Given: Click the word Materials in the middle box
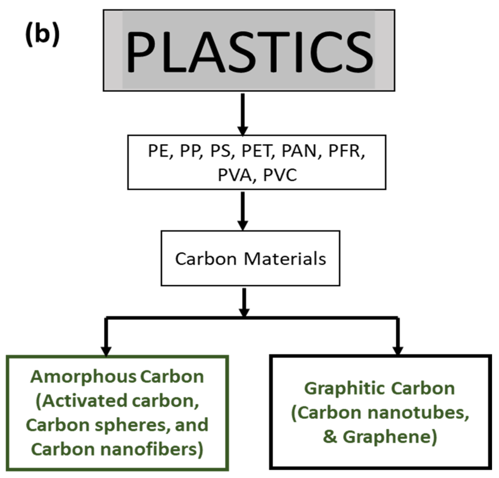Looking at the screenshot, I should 285,259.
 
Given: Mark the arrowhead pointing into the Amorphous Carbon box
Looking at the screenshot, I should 106,351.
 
